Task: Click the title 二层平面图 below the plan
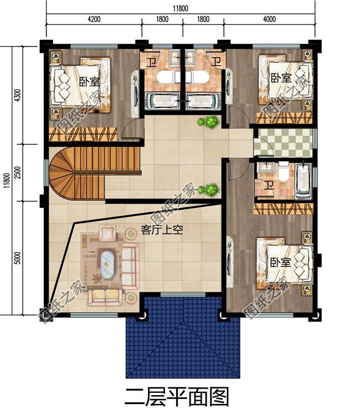176,396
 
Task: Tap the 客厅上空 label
162,229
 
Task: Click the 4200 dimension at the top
94,19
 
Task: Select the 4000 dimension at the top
269,19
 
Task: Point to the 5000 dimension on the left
17,258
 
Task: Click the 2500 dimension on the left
17,172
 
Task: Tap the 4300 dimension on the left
17,95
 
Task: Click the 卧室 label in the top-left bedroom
90,81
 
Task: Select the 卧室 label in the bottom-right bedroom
281,262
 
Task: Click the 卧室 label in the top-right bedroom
281,78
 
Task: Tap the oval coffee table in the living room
107,264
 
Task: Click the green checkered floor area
283,142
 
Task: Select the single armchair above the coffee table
107,233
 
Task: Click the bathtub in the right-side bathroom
304,181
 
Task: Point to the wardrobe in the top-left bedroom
83,134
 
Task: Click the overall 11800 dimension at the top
181,8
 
